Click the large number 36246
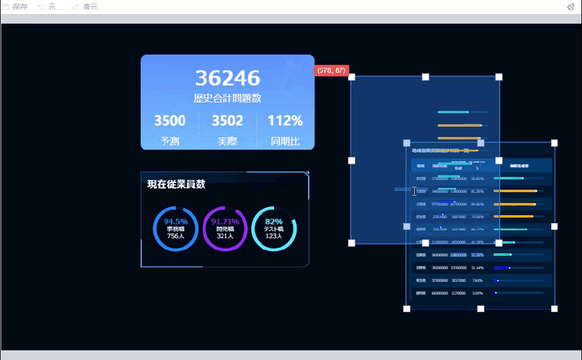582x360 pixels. (x=227, y=78)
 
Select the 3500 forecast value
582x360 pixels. (x=170, y=121)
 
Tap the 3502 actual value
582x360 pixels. (x=227, y=121)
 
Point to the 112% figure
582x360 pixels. (x=285, y=121)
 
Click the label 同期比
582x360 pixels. (x=285, y=142)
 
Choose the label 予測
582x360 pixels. (x=170, y=142)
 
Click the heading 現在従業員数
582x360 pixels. (x=176, y=184)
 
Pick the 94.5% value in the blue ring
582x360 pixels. (x=176, y=221)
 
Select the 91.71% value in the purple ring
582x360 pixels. (x=225, y=221)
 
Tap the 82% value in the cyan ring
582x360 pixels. (x=274, y=221)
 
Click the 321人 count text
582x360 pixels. (x=225, y=236)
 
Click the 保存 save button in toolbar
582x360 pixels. (x=16, y=7)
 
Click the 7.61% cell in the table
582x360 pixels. (x=477, y=281)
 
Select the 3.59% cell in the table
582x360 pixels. (x=477, y=293)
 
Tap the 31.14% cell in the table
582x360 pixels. (x=477, y=267)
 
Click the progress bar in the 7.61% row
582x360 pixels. (x=518, y=281)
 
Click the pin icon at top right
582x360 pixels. (x=570, y=7)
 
